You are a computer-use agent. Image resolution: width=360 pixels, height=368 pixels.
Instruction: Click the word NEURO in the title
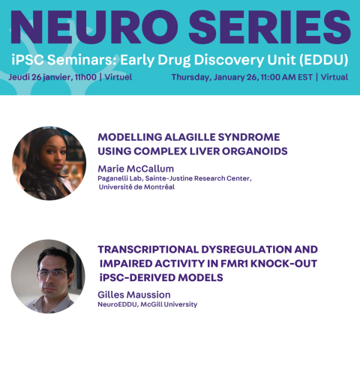click(94, 27)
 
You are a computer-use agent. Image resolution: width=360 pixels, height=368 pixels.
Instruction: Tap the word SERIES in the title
click(269, 27)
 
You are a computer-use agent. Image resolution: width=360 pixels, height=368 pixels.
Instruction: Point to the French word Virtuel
click(118, 77)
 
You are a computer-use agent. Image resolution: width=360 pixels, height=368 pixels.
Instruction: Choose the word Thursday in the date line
click(190, 77)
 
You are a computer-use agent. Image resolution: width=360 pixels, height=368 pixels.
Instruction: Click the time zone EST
click(305, 77)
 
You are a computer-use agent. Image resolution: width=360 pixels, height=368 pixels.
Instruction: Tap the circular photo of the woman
click(49, 163)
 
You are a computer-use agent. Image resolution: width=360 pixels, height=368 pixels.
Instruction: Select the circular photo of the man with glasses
click(48, 277)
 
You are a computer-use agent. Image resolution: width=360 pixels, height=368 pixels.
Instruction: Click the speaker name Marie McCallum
click(136, 169)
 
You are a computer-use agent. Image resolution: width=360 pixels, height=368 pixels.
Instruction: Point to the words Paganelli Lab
click(120, 178)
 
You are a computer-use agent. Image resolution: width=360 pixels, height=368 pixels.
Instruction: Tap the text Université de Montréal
click(136, 187)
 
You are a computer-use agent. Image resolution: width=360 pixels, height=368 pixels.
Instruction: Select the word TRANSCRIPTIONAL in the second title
click(148, 250)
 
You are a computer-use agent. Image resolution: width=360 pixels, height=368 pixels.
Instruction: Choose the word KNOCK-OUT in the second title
click(283, 264)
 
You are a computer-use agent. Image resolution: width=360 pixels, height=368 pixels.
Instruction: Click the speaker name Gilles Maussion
click(134, 295)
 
